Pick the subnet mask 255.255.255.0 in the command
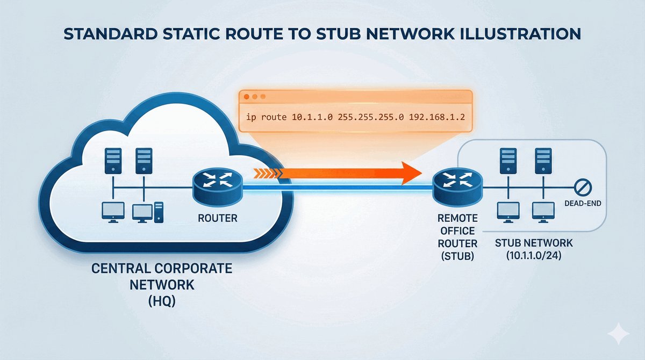[x=363, y=117]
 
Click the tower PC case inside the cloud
[x=157, y=212]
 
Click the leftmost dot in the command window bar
[x=247, y=97]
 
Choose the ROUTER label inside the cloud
[x=217, y=219]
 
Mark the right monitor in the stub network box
[x=541, y=212]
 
